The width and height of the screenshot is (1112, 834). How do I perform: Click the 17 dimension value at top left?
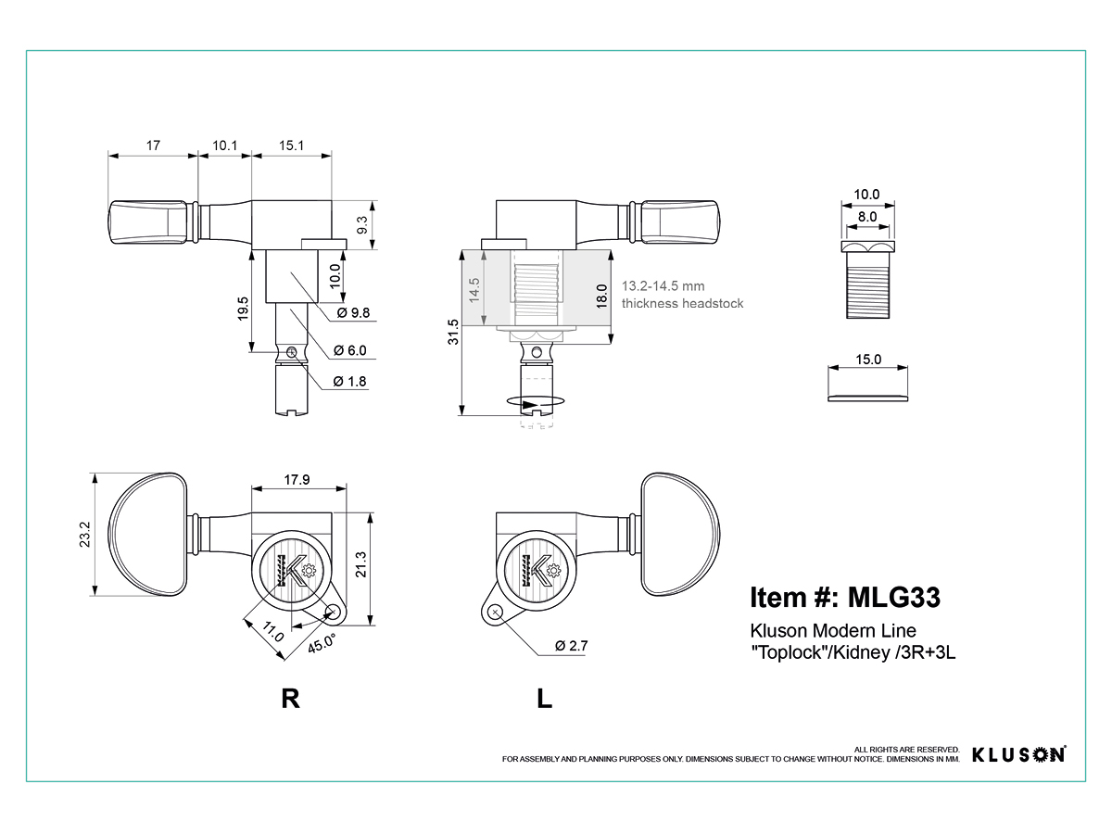point(153,145)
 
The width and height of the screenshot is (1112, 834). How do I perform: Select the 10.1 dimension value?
point(224,145)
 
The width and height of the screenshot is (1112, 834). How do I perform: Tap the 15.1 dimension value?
point(291,145)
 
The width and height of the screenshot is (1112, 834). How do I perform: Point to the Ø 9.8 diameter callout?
point(354,312)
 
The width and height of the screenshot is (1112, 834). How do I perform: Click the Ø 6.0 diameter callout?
point(350,350)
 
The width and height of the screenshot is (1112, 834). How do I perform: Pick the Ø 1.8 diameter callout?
point(349,381)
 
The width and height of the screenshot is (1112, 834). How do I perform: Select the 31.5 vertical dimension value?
point(453,332)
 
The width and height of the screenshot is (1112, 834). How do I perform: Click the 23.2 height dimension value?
point(84,535)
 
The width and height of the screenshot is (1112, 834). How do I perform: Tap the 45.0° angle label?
point(322,643)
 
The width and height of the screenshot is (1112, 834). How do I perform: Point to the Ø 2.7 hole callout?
point(572,646)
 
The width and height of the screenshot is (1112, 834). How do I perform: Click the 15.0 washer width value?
point(868,359)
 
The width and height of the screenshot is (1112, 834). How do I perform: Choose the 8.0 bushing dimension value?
point(867,217)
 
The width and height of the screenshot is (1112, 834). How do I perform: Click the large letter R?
point(290,699)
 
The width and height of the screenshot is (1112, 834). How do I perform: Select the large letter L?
point(544,699)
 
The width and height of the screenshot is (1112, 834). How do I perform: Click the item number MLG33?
point(894,597)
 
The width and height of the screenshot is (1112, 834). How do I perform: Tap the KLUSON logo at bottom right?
point(1018,754)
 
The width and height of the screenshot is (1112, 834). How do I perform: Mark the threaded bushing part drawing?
point(867,280)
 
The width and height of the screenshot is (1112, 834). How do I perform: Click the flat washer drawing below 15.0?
point(867,398)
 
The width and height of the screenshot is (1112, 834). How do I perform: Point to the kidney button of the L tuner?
point(680,535)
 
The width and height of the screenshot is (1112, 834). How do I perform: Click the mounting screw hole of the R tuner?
point(333,613)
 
